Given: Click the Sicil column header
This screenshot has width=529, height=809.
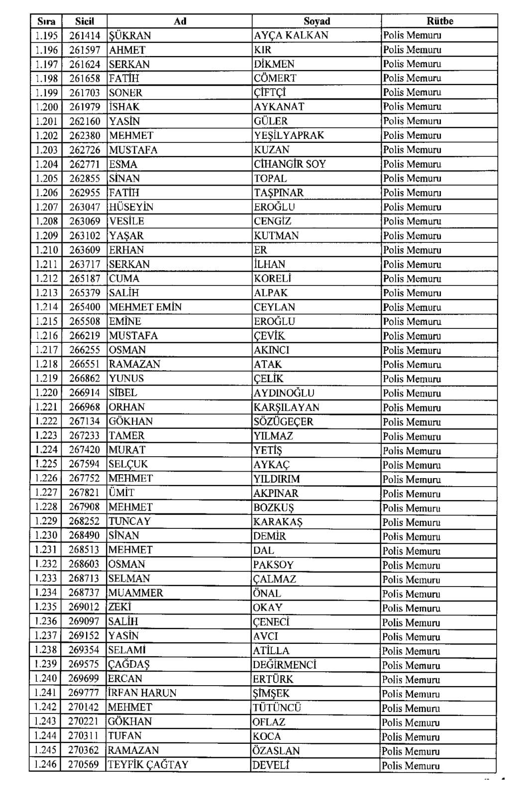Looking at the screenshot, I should pos(84,21).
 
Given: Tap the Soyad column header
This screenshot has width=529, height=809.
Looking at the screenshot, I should pos(317,21).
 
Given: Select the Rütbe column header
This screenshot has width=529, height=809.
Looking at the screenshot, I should pos(439,21).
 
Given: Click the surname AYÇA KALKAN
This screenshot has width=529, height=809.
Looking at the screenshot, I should pos(291,35).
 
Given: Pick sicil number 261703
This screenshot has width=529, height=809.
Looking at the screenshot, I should pos(85,93).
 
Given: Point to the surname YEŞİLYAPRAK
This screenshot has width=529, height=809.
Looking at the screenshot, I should pos(289,135).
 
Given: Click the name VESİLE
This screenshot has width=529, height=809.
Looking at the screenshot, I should pos(126,221).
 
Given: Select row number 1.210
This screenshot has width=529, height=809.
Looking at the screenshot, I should pos(46,250).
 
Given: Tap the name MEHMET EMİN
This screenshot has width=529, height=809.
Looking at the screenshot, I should pos(145,307).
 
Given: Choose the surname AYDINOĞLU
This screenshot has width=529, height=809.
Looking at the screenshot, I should pos(284,393).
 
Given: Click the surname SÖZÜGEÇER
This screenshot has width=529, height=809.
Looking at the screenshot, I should pos(283,421).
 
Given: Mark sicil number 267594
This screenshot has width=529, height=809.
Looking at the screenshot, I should pos(84,464).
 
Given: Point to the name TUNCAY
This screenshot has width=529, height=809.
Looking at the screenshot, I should pos(129,521).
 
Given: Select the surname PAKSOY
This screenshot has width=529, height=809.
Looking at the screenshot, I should pos(273,565).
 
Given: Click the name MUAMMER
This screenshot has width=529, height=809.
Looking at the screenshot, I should pos(135,593).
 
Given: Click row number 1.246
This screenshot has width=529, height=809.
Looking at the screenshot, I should pos(46,764).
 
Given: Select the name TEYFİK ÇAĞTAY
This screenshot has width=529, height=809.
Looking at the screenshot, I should pos(148,765).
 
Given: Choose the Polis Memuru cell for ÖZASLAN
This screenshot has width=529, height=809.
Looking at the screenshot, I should pos(411,751).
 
